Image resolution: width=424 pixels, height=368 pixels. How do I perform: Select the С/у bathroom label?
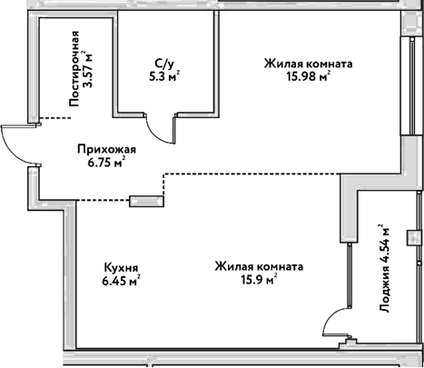pos(163,64)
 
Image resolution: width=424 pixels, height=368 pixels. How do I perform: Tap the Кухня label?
pos(121,268)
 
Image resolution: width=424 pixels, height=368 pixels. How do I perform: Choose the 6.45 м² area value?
pos(121,281)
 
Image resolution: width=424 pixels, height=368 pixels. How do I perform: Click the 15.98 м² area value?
pos(309,76)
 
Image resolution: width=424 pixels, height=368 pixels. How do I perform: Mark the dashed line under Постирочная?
pos(55,119)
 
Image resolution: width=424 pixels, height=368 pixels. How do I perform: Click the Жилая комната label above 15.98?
pos(309,64)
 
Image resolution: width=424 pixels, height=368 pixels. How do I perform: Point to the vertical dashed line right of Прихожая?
pos(163,186)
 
